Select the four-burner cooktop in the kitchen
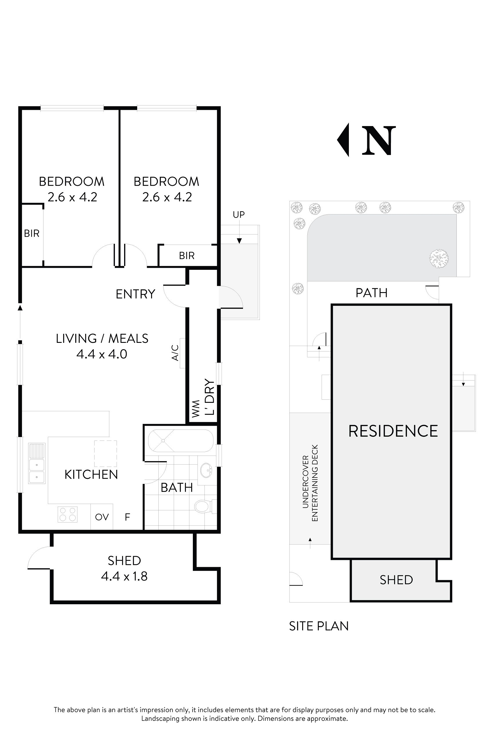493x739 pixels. click(x=68, y=514)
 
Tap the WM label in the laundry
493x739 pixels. click(x=195, y=409)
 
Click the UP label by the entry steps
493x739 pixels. click(x=239, y=214)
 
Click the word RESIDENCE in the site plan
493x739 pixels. click(x=393, y=431)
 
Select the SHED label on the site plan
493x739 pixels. click(x=396, y=580)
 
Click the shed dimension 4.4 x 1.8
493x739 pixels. click(x=124, y=576)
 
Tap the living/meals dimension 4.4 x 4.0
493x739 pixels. click(x=101, y=354)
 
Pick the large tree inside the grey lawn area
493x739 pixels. click(x=438, y=259)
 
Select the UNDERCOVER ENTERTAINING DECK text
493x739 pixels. click(x=310, y=483)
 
